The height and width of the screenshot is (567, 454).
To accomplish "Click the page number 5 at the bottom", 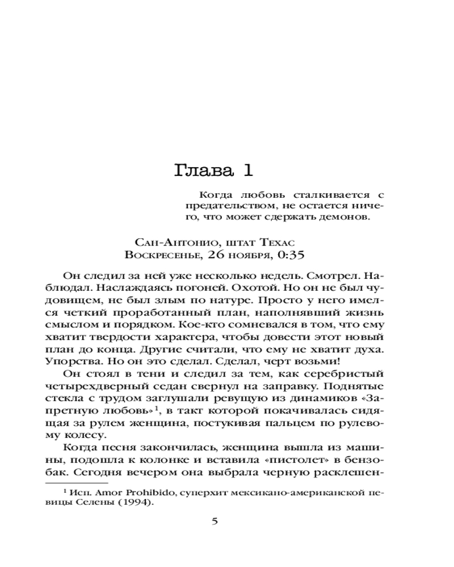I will click(215, 522).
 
